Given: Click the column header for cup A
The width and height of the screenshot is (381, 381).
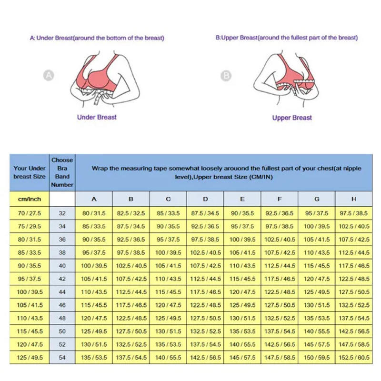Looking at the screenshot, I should pos(94,199).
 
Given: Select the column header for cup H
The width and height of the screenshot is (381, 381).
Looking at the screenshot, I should pos(353,199).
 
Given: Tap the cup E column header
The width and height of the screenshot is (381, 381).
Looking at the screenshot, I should pos(242,199).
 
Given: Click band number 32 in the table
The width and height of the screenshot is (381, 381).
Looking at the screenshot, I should pos(62,213).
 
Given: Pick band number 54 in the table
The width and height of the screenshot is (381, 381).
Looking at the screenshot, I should pos(62,357).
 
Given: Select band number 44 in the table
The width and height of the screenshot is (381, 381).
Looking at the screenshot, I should pos(62,292).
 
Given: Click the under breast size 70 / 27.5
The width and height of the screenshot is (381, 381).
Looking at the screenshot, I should pos(30,213).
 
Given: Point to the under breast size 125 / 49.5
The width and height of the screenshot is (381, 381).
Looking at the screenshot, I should pos(30,357).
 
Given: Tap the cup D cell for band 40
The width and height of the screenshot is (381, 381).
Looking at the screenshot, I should pos(205,266).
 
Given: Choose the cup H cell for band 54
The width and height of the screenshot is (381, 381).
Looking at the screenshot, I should pos(353,357).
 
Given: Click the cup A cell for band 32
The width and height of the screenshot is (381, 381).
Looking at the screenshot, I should pos(94,213).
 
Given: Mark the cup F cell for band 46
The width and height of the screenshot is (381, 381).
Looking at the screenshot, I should pos(280,305).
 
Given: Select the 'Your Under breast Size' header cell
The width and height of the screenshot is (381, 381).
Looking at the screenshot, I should pos(30,172).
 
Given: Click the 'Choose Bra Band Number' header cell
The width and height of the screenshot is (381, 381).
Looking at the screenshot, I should pos(62,172).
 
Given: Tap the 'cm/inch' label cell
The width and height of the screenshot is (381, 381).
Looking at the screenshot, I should pos(30,199).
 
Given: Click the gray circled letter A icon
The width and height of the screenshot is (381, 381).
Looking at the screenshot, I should pos(48,75).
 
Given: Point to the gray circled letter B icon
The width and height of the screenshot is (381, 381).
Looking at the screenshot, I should pos(226,75).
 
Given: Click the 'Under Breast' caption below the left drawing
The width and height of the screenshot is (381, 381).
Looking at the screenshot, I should pos(97,117).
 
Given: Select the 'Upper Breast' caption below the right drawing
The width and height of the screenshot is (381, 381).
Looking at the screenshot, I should pos(292,118).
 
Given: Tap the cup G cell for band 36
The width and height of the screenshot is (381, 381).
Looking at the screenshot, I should pos(317,240).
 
